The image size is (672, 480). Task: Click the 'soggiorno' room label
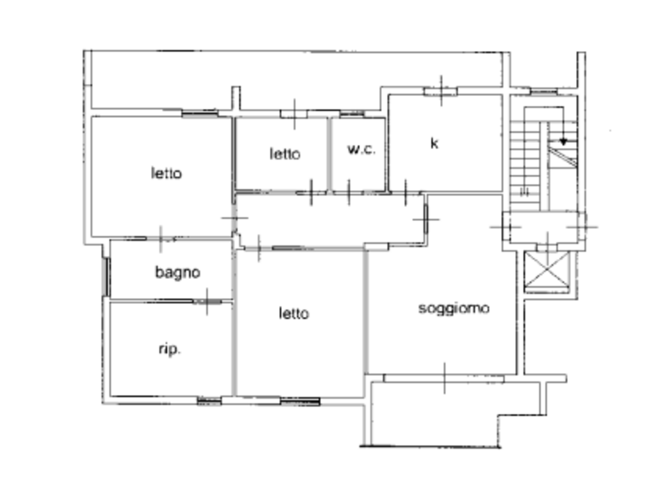pos(454,309)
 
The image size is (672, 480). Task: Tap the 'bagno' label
pos(178,272)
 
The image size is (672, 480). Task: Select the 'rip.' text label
pos(170,349)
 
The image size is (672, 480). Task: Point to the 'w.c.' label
pos(362,149)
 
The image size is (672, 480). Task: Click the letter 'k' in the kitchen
pos(434,143)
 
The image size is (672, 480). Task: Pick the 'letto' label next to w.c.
pos(285,154)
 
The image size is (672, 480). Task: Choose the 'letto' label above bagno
pos(167,173)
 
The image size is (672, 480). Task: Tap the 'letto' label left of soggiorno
pos(294,313)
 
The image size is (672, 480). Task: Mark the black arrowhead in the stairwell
pos(563,141)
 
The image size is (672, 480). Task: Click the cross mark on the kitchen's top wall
pos(441,91)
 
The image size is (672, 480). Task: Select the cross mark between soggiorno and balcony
pos(444,378)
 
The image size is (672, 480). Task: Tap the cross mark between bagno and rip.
pos(207,301)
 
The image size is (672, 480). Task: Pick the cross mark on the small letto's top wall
pos(294,114)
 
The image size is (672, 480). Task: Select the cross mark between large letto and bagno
pos(161,239)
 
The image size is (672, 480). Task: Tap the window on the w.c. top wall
pos(352,114)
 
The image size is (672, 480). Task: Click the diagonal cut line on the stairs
pos(562,157)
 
